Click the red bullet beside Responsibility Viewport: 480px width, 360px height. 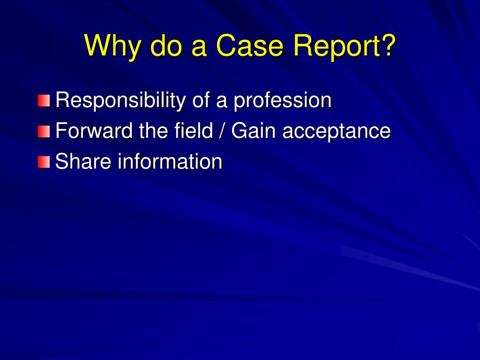(44, 101)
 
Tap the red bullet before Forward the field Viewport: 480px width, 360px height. (44, 132)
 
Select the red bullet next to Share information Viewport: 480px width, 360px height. (44, 162)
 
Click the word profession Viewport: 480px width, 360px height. (283, 100)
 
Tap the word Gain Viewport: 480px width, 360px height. (254, 131)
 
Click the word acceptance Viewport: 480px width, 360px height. (336, 131)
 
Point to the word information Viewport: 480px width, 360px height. (170, 161)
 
